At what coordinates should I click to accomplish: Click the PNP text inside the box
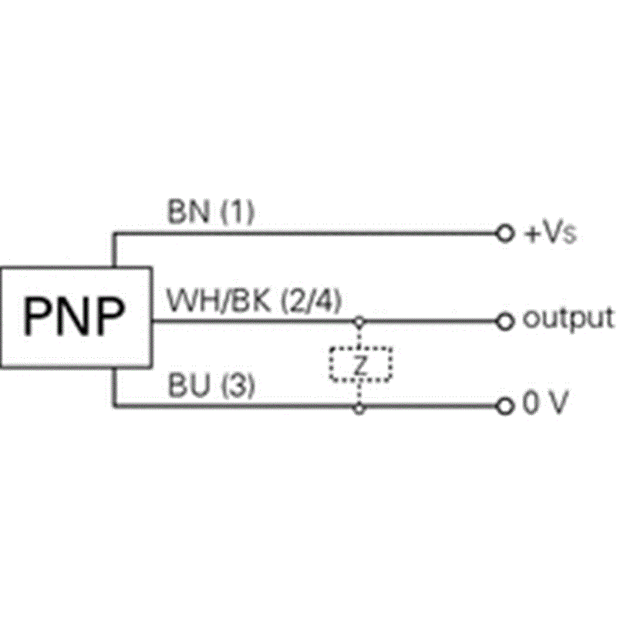pyautogui.click(x=73, y=316)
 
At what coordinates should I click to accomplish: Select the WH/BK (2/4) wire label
pyautogui.click(x=254, y=301)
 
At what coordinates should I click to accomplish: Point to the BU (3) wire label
pyautogui.click(x=211, y=385)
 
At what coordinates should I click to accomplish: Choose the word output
pyautogui.click(x=568, y=319)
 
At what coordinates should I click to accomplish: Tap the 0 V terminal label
pyautogui.click(x=545, y=403)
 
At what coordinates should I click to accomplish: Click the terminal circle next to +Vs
pyautogui.click(x=505, y=234)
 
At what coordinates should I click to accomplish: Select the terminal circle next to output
pyautogui.click(x=505, y=322)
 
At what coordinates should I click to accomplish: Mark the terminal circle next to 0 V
pyautogui.click(x=505, y=406)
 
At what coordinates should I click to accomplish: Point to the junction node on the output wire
pyautogui.click(x=359, y=322)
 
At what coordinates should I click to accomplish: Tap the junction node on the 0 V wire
pyautogui.click(x=359, y=409)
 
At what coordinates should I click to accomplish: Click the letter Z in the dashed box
pyautogui.click(x=360, y=365)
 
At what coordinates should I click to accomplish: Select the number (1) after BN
pyautogui.click(x=238, y=212)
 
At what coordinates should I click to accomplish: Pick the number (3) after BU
pyautogui.click(x=238, y=386)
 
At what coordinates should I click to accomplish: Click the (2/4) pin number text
pyautogui.click(x=311, y=302)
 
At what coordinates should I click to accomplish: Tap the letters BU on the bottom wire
pyautogui.click(x=188, y=385)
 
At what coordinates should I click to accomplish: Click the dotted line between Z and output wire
pyautogui.click(x=359, y=338)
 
